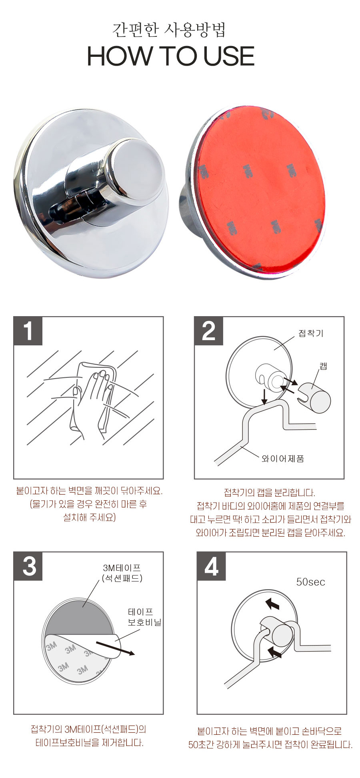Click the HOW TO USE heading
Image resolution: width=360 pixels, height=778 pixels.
tap(171, 56)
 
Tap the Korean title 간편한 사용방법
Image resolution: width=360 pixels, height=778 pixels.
tap(169, 29)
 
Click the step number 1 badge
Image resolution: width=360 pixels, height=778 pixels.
tap(28, 331)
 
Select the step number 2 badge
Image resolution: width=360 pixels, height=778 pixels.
tap(208, 331)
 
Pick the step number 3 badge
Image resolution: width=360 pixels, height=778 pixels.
tap(28, 566)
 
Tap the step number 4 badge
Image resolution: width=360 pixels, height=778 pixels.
tap(211, 566)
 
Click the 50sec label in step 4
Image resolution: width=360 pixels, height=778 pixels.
tap(310, 582)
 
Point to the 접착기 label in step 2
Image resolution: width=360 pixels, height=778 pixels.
tap(311, 333)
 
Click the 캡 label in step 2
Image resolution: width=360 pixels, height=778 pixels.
tap(323, 365)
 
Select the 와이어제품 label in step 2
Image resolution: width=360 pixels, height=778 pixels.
tap(283, 459)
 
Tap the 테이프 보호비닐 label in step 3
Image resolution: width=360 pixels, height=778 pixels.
tap(144, 617)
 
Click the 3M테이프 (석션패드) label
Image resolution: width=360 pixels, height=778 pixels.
tap(122, 573)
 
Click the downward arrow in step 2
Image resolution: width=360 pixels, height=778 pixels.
tap(264, 396)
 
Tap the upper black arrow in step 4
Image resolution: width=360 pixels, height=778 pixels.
tap(272, 603)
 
